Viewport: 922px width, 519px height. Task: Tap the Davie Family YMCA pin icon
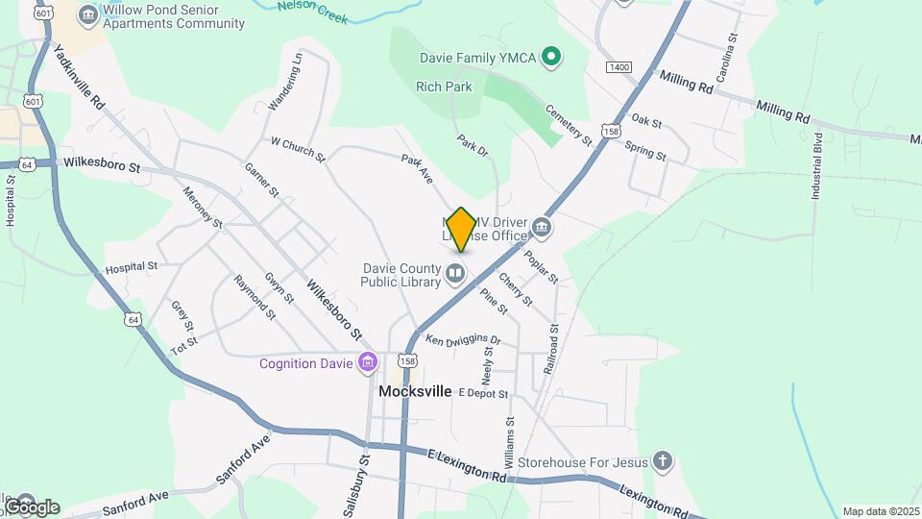point(550,58)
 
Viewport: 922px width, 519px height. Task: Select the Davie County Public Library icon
point(455,275)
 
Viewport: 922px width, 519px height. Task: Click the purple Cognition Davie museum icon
point(367,363)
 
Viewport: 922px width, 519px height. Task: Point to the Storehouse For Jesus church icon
point(663,462)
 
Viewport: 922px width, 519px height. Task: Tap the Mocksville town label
point(415,391)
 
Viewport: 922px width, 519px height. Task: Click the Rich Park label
point(444,86)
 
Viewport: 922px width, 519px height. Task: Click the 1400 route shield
point(619,67)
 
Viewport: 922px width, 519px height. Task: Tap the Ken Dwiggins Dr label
point(464,340)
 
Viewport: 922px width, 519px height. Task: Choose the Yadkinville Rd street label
point(79,77)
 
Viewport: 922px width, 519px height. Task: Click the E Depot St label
point(482,392)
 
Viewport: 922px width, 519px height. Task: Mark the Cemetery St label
point(570,125)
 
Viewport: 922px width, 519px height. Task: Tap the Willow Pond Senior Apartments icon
point(89,15)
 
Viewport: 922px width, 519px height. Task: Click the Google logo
point(31,507)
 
